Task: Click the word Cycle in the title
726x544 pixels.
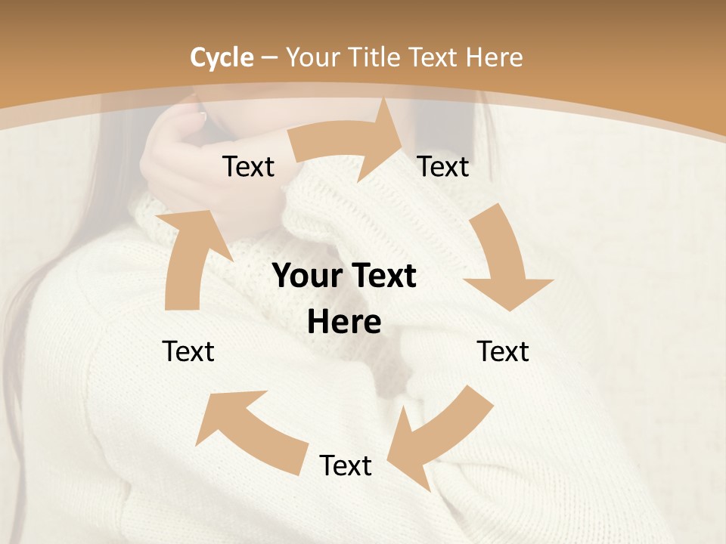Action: coord(222,57)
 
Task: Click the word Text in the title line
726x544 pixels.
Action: coord(433,57)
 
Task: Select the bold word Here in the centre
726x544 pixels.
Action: coord(344,323)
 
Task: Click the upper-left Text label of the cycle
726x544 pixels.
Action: coord(248,166)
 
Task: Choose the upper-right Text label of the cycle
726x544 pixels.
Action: coord(443,166)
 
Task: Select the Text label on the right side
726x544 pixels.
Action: coord(503,351)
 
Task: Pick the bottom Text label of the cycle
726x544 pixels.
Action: coord(346,465)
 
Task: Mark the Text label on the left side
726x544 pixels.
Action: coord(188,351)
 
